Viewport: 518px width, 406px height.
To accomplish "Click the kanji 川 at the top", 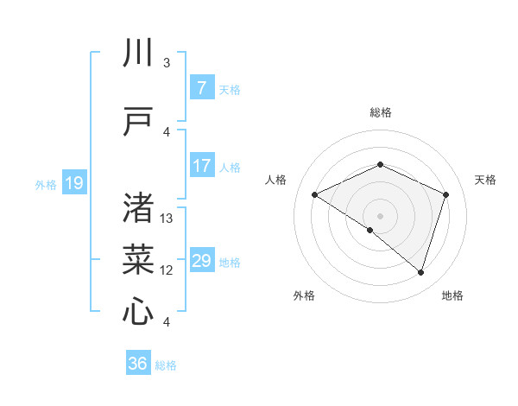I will [138, 54].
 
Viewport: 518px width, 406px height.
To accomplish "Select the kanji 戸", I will [138, 122].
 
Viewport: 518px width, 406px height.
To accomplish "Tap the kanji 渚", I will [138, 209].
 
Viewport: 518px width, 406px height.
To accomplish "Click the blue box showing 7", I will [201, 88].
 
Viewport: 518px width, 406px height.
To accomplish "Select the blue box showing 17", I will [201, 166].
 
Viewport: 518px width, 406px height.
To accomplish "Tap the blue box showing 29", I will [201, 261].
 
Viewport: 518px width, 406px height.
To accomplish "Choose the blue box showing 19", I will [73, 182].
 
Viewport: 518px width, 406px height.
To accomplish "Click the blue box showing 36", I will [137, 364].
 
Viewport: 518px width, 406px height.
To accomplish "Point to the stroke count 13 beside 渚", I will [167, 219].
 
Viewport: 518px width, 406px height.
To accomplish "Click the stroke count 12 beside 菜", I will [167, 270].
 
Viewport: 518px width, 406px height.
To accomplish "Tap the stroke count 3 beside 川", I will [167, 63].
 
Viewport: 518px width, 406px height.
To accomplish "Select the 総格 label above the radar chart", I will [380, 112].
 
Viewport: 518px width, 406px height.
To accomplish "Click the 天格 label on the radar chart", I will [485, 180].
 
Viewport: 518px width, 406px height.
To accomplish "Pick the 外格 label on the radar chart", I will [304, 295].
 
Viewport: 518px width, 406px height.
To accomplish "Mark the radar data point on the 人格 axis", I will [315, 195].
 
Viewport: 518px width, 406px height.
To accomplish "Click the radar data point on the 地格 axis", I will [420, 272].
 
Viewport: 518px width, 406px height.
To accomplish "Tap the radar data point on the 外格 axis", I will [370, 230].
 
